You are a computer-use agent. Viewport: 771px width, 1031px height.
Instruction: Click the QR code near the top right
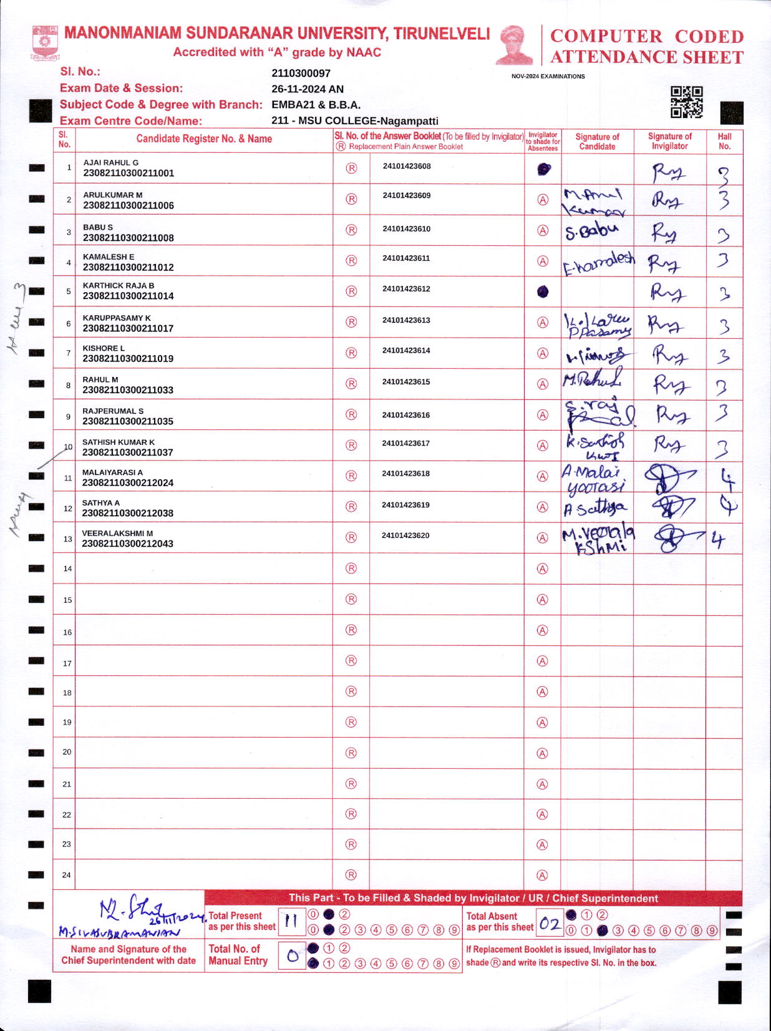point(686,102)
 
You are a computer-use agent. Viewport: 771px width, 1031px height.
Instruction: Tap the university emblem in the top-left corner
point(45,42)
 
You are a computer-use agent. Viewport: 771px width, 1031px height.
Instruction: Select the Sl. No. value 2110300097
point(301,73)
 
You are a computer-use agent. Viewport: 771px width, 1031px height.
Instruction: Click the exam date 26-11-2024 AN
point(308,89)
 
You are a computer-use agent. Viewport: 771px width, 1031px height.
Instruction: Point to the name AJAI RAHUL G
point(111,162)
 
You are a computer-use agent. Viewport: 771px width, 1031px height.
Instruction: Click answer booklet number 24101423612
point(406,289)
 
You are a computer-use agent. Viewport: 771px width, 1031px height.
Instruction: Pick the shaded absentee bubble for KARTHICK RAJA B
point(543,291)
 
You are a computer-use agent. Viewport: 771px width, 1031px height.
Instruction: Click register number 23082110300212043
point(128,544)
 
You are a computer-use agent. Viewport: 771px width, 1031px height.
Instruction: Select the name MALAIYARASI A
point(112,472)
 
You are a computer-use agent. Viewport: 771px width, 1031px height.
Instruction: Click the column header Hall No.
point(724,141)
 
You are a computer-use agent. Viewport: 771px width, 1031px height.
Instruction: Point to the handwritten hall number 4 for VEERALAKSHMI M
point(719,539)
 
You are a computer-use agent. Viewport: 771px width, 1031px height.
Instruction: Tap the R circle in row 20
point(351,753)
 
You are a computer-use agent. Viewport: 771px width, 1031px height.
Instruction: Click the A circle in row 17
point(543,661)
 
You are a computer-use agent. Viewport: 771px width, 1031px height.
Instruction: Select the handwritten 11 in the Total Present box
point(291,921)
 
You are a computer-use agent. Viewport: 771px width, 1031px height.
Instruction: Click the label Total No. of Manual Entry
point(238,955)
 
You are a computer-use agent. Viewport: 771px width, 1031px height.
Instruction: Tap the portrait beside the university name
point(515,45)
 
